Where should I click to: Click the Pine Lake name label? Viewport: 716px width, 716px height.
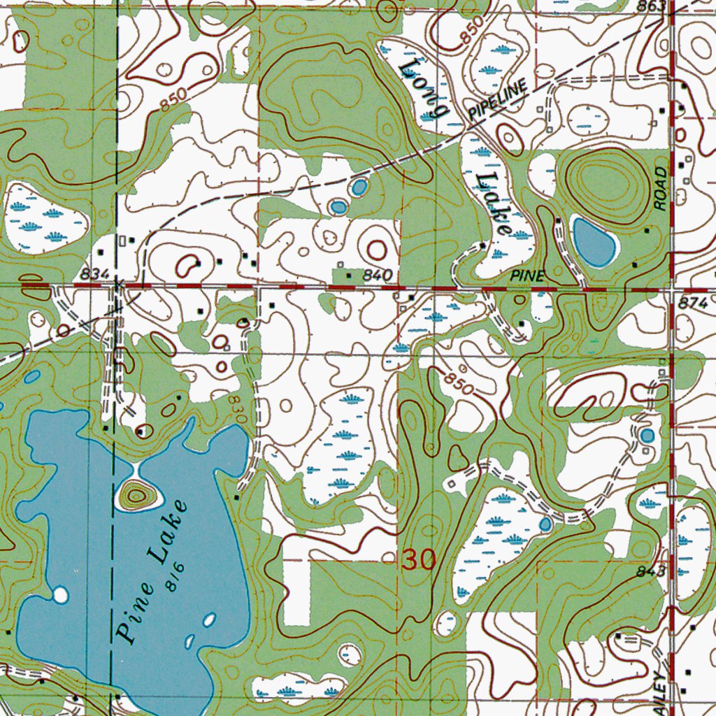[152, 571]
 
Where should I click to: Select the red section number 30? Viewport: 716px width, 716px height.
[418, 559]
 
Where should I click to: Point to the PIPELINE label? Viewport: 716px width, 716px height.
[497, 101]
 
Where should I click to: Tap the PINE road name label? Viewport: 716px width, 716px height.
[527, 277]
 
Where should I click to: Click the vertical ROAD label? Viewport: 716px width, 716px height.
[660, 188]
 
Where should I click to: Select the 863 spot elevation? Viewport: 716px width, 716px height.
[650, 6]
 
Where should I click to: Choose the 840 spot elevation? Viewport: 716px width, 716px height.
[376, 276]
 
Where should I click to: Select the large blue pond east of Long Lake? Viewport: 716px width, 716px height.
[594, 241]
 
